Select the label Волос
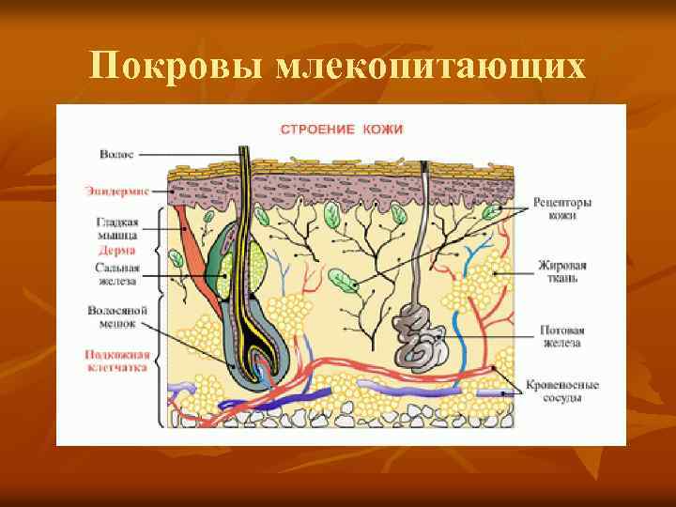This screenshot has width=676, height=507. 116,153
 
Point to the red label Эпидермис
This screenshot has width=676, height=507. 115,191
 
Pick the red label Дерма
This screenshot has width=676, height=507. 116,251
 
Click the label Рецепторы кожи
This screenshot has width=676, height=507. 561,208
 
